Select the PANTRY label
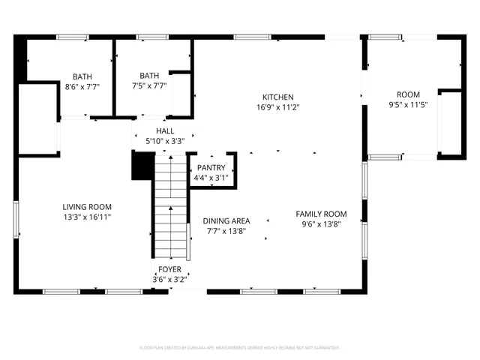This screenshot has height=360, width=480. point(211,168)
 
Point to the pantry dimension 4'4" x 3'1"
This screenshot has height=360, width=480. point(211,178)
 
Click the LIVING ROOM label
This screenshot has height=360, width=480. point(87,207)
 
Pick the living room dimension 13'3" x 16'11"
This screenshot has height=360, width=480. point(87,217)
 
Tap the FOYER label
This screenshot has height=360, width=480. point(169,269)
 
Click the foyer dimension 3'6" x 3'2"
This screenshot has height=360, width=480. point(169,279)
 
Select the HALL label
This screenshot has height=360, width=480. point(165,130)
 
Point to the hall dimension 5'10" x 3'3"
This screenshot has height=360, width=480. point(165,140)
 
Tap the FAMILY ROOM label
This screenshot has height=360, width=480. point(321,214)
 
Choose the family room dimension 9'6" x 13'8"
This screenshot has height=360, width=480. point(321,223)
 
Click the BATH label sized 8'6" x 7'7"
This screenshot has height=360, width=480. point(82,76)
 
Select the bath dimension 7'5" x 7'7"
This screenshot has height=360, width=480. point(149,85)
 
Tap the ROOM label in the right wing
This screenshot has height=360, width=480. point(408,94)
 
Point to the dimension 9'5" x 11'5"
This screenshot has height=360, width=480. point(408,104)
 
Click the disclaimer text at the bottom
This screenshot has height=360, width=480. point(240,348)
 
